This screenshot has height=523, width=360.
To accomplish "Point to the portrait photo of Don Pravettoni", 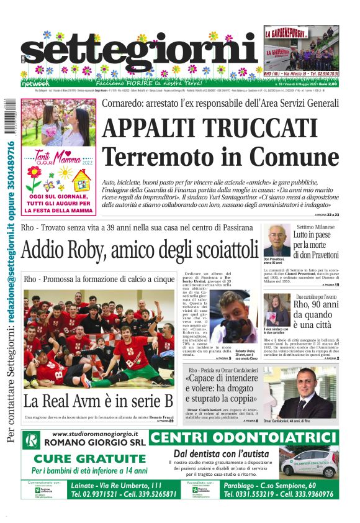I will point(277,243).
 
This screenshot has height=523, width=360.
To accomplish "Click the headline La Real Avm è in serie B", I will point(98,401).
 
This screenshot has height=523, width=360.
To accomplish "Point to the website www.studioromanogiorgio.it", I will point(95,434).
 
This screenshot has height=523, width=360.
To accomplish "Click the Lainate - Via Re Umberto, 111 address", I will point(116,485).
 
